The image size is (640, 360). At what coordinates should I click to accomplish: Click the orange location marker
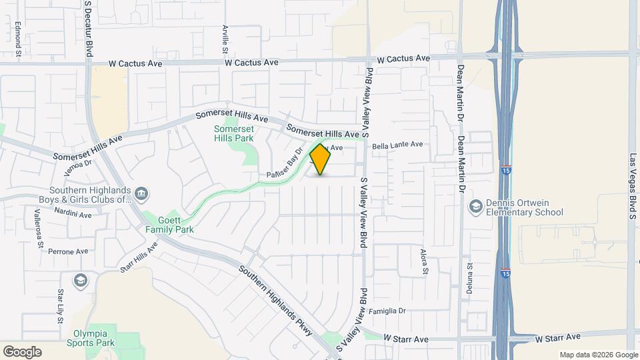(x=321, y=159)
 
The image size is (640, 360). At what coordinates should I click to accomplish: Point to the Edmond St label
(x=18, y=38)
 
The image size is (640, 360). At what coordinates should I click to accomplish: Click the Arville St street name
(x=225, y=40)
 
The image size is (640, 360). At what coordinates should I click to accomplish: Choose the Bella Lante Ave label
(x=397, y=144)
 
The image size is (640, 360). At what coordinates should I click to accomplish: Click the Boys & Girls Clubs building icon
(x=141, y=194)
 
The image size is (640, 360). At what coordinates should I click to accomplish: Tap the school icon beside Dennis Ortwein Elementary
(x=475, y=206)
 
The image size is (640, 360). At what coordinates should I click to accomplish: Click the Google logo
(x=22, y=351)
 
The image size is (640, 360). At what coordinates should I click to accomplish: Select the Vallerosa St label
(x=39, y=228)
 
